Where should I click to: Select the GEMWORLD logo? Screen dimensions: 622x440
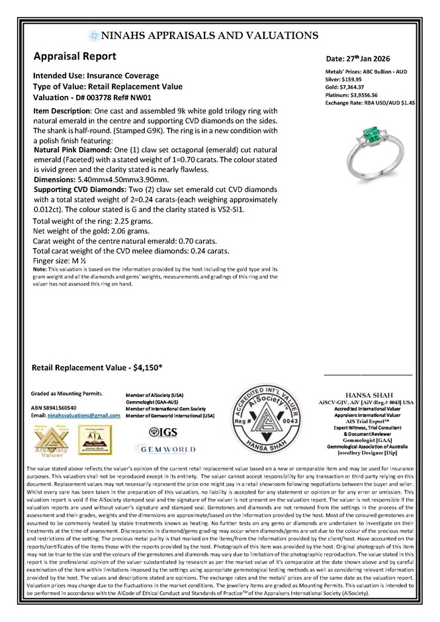click(x=165, y=449)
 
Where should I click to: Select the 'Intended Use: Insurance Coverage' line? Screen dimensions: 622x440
click(x=96, y=75)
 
